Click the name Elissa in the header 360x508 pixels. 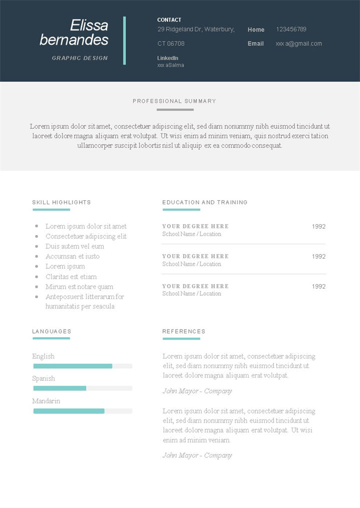click(89, 25)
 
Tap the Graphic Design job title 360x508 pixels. click(80, 58)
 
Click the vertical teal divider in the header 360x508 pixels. click(124, 40)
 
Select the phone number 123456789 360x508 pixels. click(291, 29)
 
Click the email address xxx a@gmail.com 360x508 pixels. click(298, 43)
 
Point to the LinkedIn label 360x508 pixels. click(167, 58)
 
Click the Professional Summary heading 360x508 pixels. click(174, 101)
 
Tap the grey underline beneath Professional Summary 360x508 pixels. click(174, 109)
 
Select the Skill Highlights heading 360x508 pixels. click(61, 202)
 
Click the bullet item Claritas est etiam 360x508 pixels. click(71, 277)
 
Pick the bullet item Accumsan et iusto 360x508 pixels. click(72, 256)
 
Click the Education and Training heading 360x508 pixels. click(205, 202)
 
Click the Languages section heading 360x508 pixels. click(51, 331)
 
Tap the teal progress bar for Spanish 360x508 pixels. click(59, 388)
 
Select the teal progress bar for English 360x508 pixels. click(72, 366)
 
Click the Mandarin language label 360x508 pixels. click(46, 401)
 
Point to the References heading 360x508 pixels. click(183, 331)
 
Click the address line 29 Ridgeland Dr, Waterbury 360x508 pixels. click(196, 29)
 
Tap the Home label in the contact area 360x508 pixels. click(256, 29)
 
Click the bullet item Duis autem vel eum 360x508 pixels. click(75, 246)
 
